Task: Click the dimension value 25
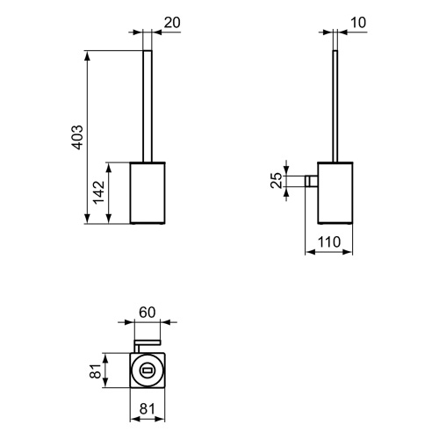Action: [276, 180]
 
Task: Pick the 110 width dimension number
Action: [329, 241]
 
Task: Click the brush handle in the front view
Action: [148, 105]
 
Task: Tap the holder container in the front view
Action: [148, 191]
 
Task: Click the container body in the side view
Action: [334, 191]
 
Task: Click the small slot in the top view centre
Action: [148, 371]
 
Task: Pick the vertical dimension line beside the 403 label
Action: [87, 135]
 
